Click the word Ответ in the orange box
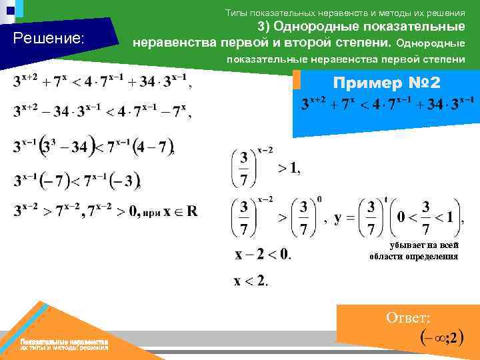408,318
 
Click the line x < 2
251,281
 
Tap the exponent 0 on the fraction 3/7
319,199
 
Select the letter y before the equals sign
338,217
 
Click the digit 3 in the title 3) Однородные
262,27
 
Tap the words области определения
413,257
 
